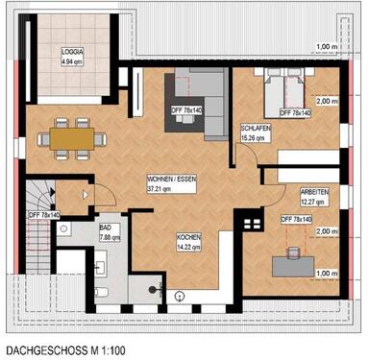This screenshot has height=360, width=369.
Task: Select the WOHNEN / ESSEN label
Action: pyautogui.click(x=172, y=180)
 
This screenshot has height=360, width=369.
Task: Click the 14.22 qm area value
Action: pyautogui.click(x=187, y=246)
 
